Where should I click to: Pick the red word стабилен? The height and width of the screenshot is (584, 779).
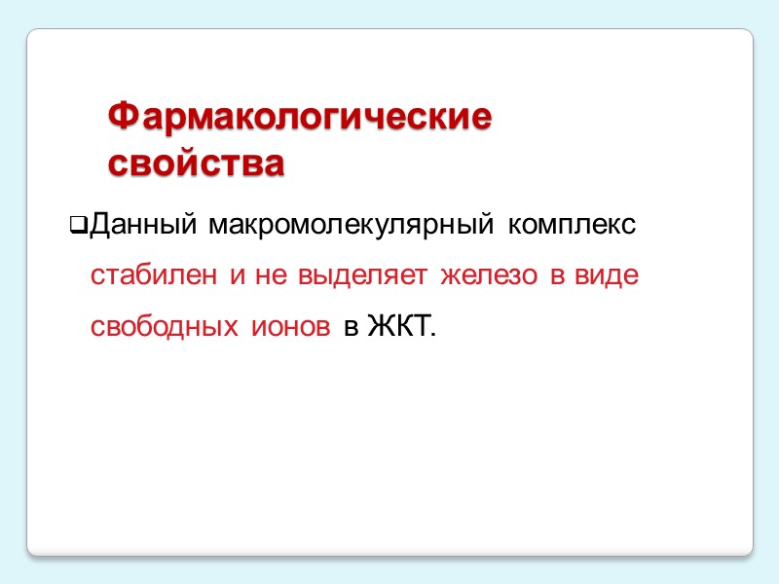coord(154,276)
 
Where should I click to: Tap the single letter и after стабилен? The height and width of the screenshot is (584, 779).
coord(237,277)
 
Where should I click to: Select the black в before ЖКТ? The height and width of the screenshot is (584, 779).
coord(351,327)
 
